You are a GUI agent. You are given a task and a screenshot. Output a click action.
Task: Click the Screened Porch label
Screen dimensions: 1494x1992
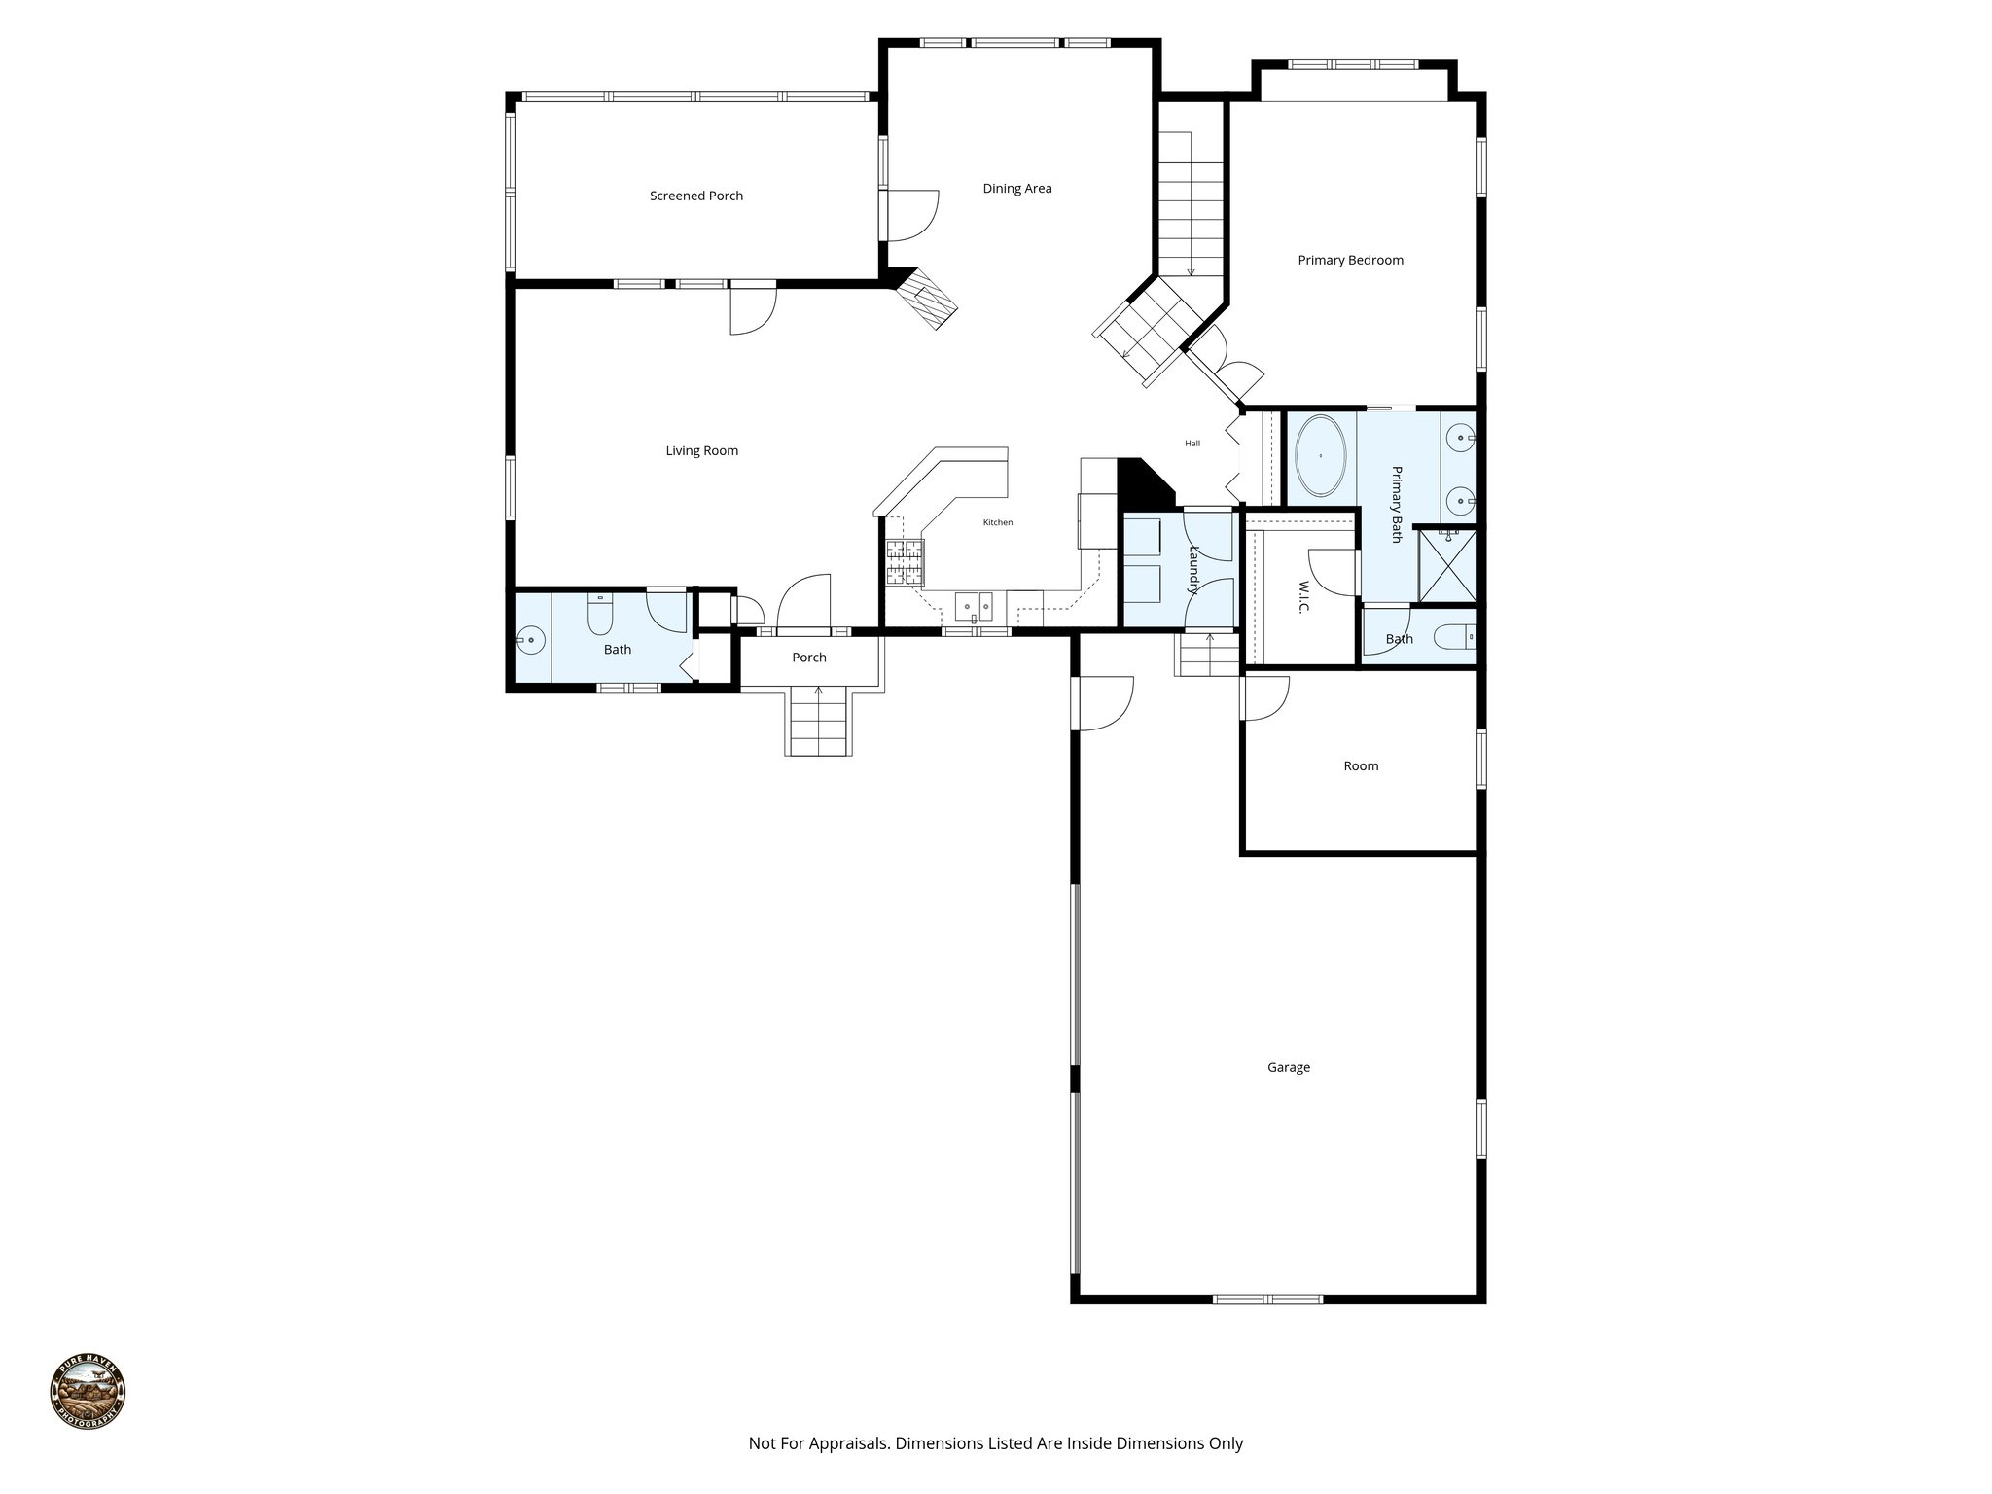coord(696,196)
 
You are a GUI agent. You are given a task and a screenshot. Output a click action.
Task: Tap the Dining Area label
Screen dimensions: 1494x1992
coord(1017,189)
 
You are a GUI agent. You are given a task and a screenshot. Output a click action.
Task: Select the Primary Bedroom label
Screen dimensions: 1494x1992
coord(1350,260)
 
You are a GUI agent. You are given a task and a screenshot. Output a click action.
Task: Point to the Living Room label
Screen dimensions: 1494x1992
coord(701,450)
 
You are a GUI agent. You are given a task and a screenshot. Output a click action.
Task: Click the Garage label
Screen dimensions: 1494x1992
coord(1288,1067)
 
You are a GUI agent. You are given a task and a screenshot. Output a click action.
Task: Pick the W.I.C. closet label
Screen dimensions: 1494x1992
coord(1303,597)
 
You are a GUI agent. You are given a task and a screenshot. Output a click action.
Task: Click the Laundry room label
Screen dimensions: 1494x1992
coord(1194,569)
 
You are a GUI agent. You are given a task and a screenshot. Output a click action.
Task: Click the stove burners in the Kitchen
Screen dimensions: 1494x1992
coord(904,562)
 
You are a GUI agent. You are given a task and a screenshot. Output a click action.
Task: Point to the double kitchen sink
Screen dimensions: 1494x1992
coord(974,607)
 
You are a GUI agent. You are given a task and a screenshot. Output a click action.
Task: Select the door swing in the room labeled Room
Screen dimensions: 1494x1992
coord(1265,697)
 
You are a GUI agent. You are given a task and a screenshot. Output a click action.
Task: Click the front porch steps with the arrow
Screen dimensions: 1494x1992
coord(819,721)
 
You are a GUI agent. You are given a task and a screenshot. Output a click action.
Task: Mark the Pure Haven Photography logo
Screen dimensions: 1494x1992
coord(88,1394)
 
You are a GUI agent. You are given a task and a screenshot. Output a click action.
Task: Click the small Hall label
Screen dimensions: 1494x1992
coord(1192,444)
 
